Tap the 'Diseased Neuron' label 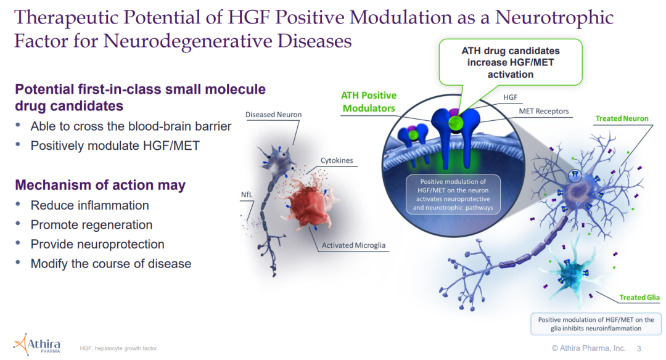point(273,115)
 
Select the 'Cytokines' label point(337,160)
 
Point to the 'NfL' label point(247,195)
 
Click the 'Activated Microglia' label point(353,245)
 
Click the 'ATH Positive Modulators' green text point(369,102)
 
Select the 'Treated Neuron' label point(622,118)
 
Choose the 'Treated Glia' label point(639,298)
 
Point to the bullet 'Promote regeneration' point(91,225)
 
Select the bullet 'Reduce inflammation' point(90,205)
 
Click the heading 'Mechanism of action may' point(100,185)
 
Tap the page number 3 point(638,348)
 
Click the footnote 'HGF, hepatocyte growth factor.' point(119,349)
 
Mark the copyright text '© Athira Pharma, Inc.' point(588,348)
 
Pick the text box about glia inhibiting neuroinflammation point(596,324)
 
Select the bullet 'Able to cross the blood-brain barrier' point(131,126)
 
